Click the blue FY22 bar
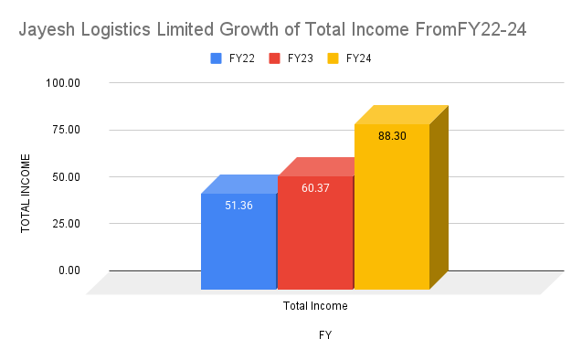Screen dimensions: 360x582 point(238,242)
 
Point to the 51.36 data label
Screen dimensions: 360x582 point(238,206)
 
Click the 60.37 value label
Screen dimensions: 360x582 point(315,188)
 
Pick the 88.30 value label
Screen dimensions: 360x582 point(391,135)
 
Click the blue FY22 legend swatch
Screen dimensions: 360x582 point(217,58)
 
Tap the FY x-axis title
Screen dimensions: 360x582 point(324,335)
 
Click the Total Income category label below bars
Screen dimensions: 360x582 point(315,306)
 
